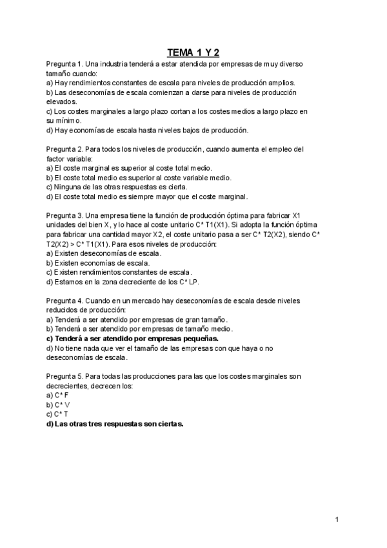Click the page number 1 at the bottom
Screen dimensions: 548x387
pyautogui.click(x=337, y=520)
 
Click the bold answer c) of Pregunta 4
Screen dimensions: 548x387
pyautogui.click(x=132, y=338)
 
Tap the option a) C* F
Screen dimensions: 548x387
pyautogui.click(x=57, y=395)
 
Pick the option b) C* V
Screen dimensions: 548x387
pyautogui.click(x=57, y=405)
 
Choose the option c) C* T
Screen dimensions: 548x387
pyautogui.click(x=57, y=414)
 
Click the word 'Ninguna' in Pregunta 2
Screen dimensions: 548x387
pyautogui.click(x=68, y=187)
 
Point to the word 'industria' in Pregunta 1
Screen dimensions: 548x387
pyautogui.click(x=117, y=65)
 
